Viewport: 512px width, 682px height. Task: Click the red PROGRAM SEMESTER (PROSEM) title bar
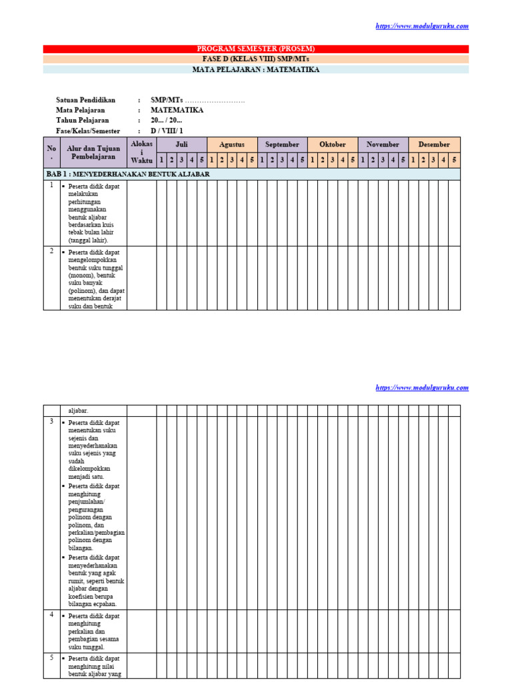(256, 49)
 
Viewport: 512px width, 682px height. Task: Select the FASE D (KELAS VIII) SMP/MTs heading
(256, 59)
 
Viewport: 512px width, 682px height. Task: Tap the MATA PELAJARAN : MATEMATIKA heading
(256, 69)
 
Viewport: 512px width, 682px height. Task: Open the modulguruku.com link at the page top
(422, 26)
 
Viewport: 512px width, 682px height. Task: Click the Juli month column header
(181, 145)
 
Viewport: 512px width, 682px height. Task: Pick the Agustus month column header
(231, 145)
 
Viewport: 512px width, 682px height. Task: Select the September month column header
(282, 145)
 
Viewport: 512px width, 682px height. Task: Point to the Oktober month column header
(333, 145)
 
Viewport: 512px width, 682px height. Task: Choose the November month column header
(383, 145)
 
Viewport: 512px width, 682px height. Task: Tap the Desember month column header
(434, 145)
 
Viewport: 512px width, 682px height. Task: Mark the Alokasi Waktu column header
(141, 152)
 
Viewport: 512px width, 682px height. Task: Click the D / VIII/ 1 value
(166, 131)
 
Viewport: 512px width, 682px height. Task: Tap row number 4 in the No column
(51, 615)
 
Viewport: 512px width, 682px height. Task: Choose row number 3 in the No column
(51, 422)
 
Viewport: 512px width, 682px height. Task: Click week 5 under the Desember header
(454, 160)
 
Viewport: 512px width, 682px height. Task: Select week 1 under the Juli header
(161, 160)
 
